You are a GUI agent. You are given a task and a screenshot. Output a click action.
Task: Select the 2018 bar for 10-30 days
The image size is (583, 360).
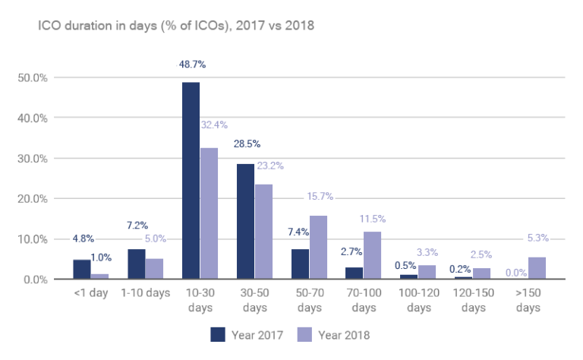pos(209,213)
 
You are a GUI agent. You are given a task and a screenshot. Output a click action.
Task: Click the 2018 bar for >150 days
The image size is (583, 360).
pos(537,268)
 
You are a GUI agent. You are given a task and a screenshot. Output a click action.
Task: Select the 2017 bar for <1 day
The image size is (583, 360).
pos(81,270)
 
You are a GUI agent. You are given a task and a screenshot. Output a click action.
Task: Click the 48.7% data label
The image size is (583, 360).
pos(191,65)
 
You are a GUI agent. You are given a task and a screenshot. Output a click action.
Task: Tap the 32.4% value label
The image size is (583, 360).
pos(214,125)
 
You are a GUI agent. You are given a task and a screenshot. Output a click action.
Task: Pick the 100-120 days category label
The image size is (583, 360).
pos(418,301)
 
